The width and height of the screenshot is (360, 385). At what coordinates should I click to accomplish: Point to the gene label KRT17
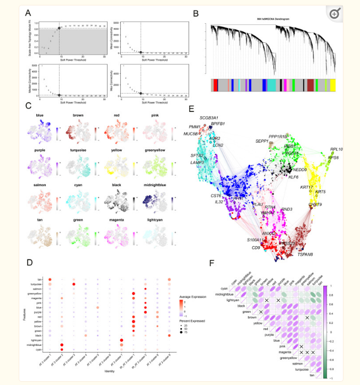[x=307, y=187]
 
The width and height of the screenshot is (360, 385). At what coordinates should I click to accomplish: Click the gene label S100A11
[x=256, y=241]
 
